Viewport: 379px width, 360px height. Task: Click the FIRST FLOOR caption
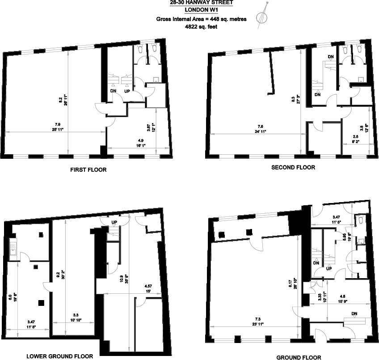click(88, 170)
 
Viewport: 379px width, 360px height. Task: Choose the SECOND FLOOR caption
click(293, 168)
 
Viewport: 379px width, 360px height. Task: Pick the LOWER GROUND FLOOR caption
click(60, 356)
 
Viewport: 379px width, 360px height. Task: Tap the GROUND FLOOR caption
click(299, 357)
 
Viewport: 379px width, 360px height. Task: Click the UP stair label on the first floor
click(127, 91)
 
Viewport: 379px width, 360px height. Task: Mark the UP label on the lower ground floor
click(114, 222)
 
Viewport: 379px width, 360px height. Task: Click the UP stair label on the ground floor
click(328, 269)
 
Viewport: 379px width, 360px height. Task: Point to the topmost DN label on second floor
click(331, 57)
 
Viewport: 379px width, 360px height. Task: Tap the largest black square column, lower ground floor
click(41, 303)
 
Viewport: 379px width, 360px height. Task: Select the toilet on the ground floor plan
click(360, 241)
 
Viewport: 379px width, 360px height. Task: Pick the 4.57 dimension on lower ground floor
click(148, 286)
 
